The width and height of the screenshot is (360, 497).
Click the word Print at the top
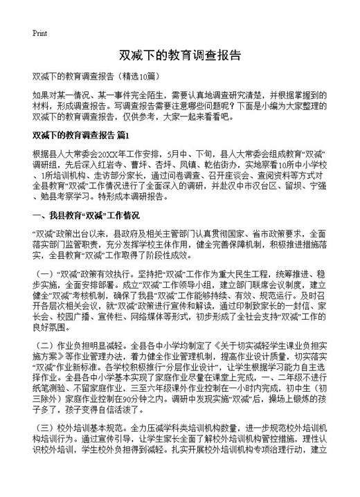(x=39, y=33)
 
